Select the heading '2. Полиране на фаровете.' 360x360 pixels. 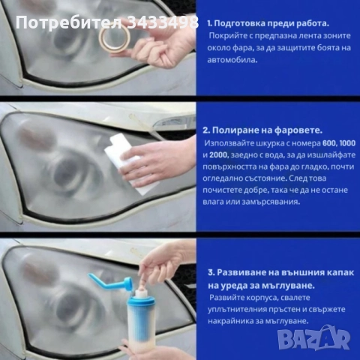click(x=268, y=128)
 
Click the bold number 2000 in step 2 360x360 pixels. click(x=220, y=154)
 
